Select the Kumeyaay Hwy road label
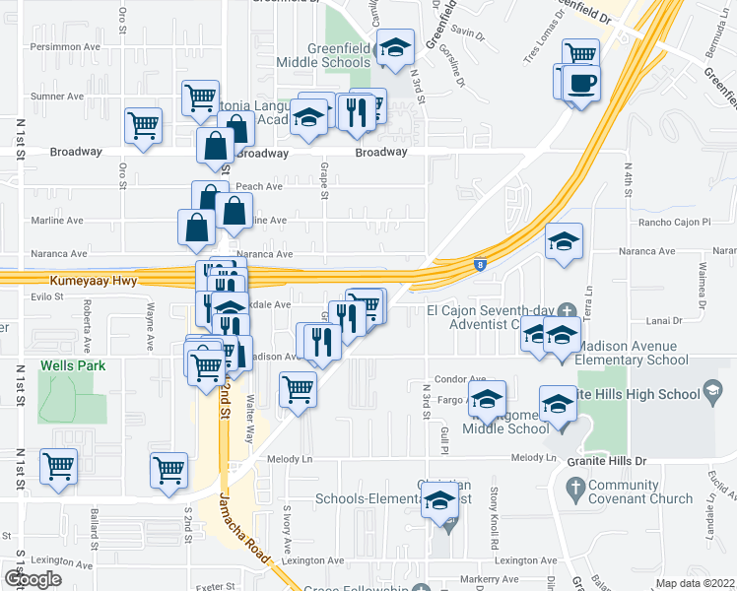click(x=88, y=281)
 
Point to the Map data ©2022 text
click(x=696, y=583)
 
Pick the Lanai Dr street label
click(x=665, y=320)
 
